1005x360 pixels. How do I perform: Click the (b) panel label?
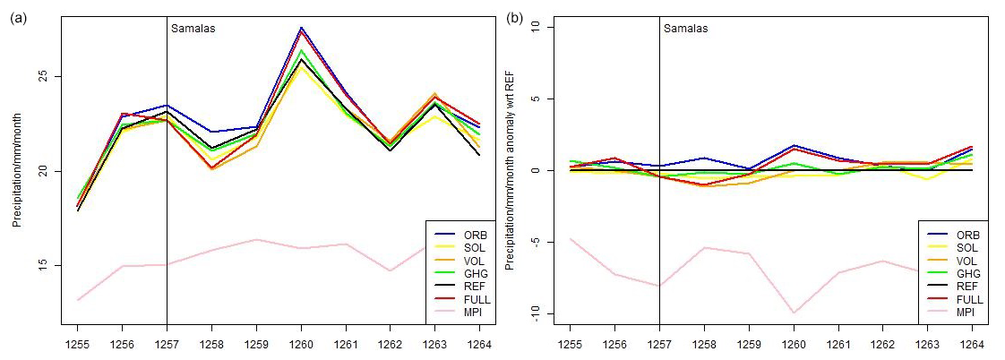(x=515, y=17)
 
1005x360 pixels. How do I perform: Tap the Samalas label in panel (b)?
(x=685, y=28)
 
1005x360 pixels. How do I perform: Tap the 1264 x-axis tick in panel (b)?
(x=972, y=342)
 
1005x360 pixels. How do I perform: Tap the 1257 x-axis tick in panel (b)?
(x=659, y=342)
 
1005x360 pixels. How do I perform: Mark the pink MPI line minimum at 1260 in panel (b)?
(x=794, y=313)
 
